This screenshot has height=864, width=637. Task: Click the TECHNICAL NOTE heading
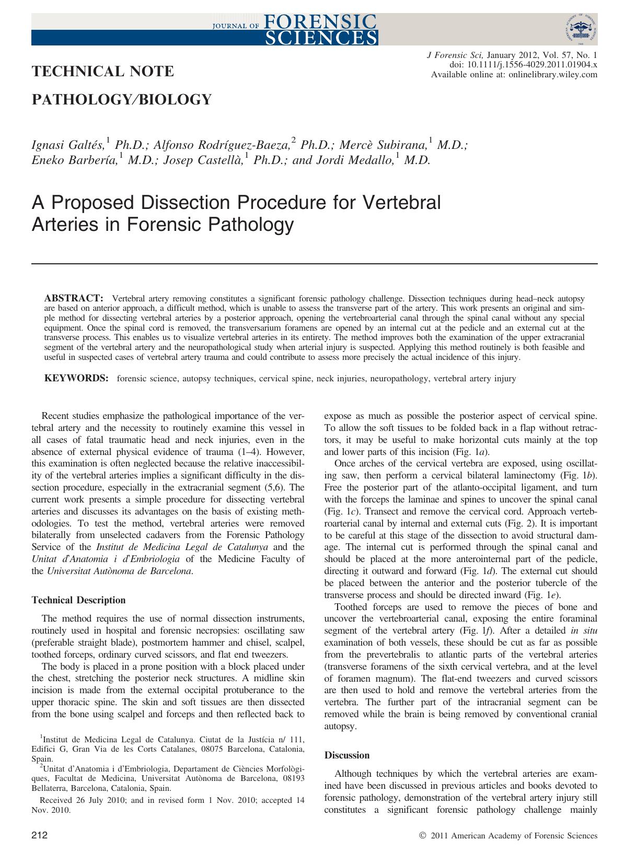[x=103, y=72]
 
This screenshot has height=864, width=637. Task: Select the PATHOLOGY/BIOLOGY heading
[x=122, y=99]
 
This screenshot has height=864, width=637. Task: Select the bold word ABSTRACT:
[x=74, y=298]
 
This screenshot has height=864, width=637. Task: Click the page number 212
[x=39, y=836]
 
